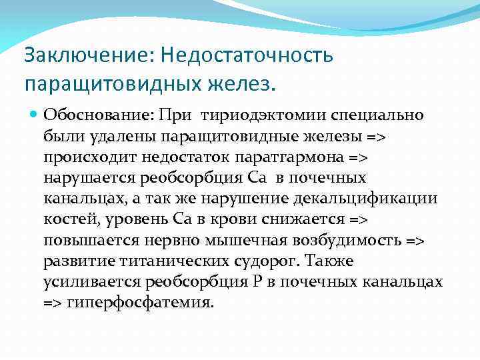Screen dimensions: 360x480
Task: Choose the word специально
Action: click(x=375, y=115)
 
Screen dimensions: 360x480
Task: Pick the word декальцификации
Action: click(x=376, y=199)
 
